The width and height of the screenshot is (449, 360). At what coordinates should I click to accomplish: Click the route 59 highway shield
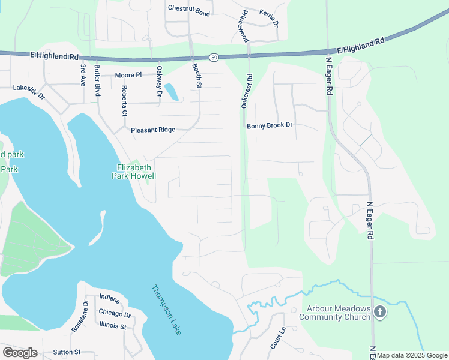point(214,58)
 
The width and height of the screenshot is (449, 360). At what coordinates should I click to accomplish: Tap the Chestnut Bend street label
point(189,8)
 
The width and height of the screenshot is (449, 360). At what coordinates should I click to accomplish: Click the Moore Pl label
point(128,75)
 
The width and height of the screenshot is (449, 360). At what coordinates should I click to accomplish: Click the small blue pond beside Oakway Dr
point(171,92)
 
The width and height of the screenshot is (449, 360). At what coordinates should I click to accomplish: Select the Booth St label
point(197,77)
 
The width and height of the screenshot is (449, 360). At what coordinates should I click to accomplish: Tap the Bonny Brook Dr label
point(270,125)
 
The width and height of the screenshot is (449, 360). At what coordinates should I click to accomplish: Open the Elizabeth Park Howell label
point(133,172)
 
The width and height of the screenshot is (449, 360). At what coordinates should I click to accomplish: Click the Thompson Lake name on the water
point(167,310)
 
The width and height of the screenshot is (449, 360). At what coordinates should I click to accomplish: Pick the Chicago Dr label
point(115,314)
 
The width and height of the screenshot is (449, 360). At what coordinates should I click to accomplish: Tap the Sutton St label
point(67,352)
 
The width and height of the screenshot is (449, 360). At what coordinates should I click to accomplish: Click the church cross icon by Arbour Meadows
point(379,312)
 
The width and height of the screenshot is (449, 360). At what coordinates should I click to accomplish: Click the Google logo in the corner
point(20,353)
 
